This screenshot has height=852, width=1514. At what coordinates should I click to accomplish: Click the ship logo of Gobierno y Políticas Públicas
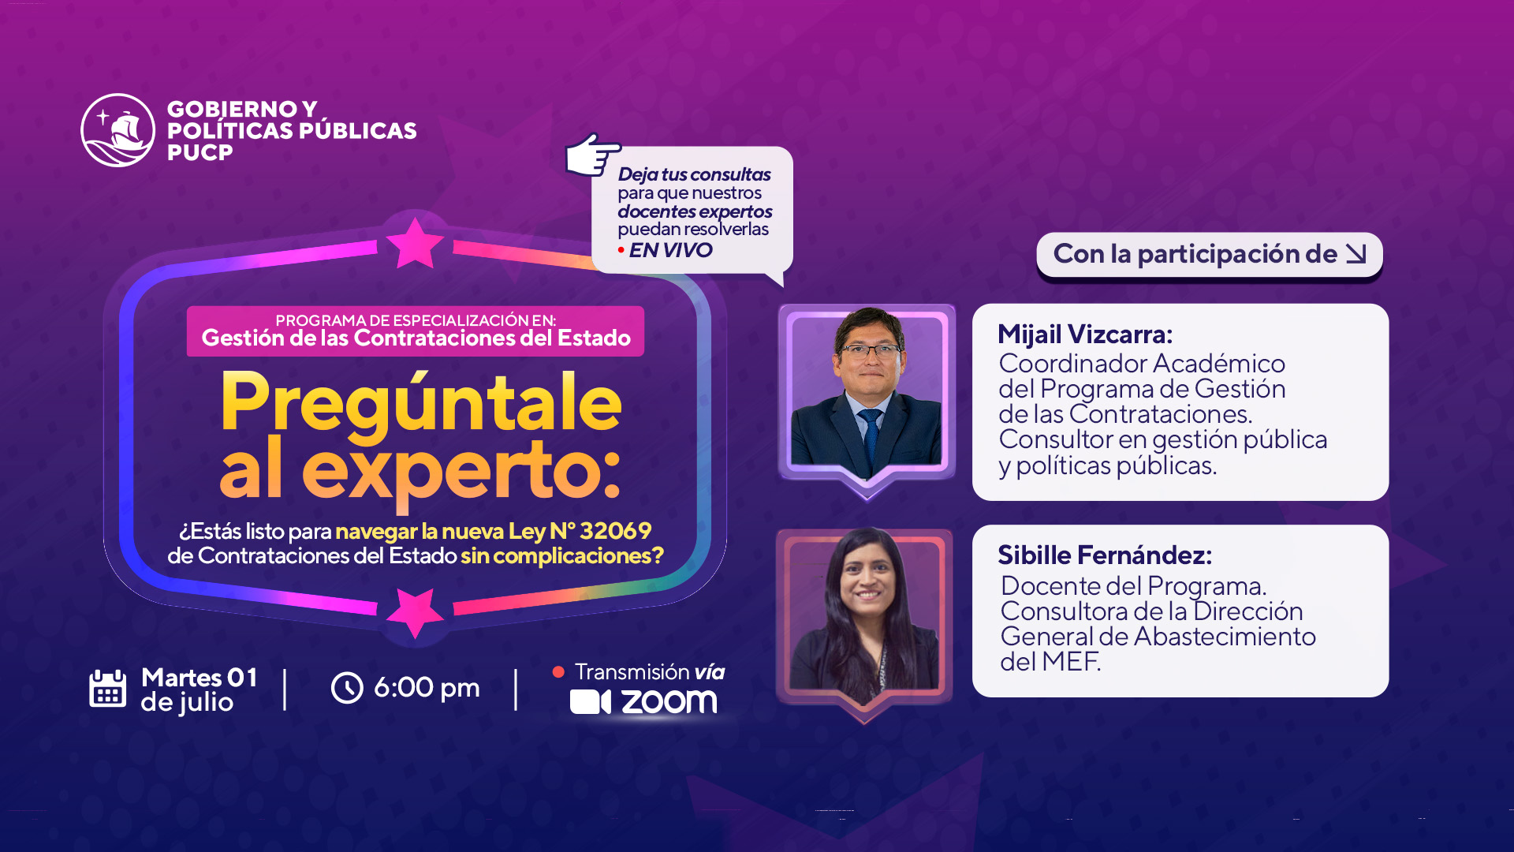(x=118, y=130)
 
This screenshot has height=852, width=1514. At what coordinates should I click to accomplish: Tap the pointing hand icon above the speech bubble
(x=593, y=155)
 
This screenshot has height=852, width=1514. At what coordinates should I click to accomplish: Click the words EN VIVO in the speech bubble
(x=670, y=250)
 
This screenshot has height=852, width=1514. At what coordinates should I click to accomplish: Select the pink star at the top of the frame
(x=416, y=243)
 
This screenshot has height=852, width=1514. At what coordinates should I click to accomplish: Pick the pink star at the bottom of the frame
(x=416, y=612)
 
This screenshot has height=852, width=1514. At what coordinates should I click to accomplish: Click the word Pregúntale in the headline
(x=421, y=403)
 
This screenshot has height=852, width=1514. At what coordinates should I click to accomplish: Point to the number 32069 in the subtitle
(x=616, y=531)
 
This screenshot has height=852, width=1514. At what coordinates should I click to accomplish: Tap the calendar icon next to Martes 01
(x=108, y=689)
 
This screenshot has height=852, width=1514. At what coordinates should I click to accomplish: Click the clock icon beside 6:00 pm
(x=347, y=688)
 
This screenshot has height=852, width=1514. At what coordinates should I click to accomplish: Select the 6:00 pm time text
(x=427, y=688)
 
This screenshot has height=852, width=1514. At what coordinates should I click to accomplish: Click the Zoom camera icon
(x=591, y=702)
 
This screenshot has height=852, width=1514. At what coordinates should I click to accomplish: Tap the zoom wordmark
(x=669, y=702)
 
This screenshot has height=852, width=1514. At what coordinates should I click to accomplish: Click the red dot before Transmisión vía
(x=558, y=672)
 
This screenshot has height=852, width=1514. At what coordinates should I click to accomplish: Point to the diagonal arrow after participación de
(x=1356, y=254)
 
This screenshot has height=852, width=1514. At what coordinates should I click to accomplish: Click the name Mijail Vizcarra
(x=1085, y=334)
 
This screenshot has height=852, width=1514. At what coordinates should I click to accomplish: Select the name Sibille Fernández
(x=1105, y=555)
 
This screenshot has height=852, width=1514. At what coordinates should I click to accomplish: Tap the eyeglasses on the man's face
(x=870, y=351)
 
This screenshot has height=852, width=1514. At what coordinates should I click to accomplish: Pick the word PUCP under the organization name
(x=200, y=153)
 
